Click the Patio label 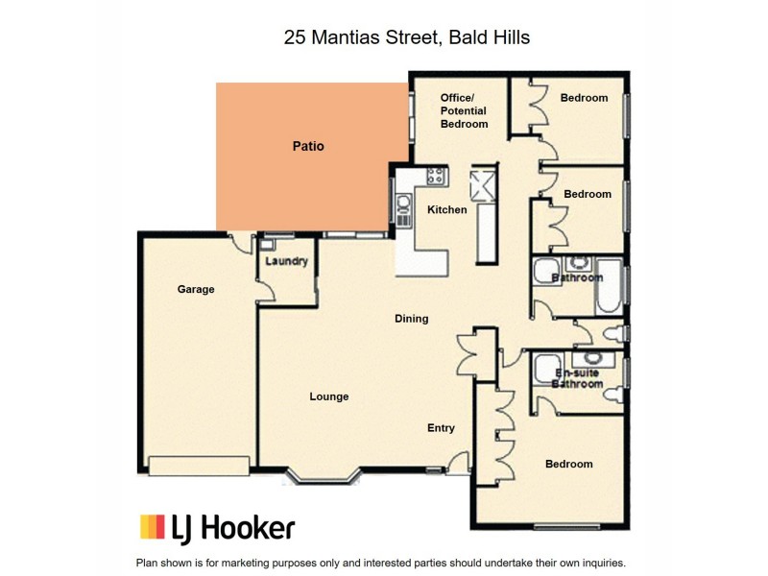click(308, 147)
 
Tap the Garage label click(195, 289)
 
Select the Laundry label click(287, 262)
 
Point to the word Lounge click(328, 396)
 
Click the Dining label click(411, 319)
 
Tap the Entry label click(441, 428)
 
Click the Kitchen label click(446, 209)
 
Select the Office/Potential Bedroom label click(464, 110)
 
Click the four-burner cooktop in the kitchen click(436, 176)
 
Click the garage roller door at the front click(201, 466)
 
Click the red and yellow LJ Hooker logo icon click(153, 526)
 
